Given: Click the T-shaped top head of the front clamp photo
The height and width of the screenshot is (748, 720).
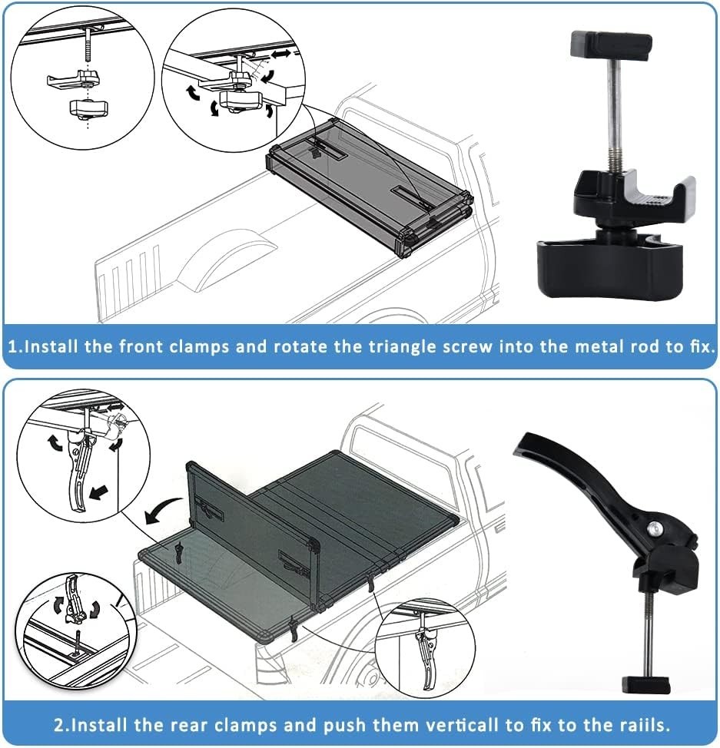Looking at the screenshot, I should pos(611,45).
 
